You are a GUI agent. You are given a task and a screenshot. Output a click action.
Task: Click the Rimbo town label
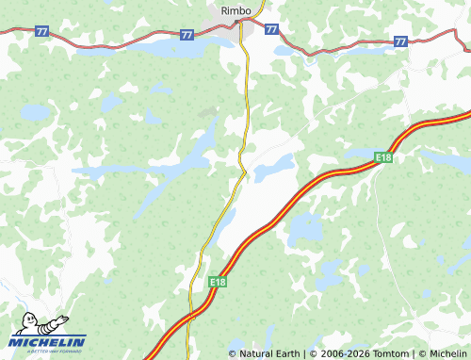235,10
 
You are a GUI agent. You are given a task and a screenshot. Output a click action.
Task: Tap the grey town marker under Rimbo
235,22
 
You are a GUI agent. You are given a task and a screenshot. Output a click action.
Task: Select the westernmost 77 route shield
41,31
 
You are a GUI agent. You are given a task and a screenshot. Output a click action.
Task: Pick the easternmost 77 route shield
401,41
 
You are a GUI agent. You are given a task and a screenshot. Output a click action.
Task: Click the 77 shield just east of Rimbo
271,30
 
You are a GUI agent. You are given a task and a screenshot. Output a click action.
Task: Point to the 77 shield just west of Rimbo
187,35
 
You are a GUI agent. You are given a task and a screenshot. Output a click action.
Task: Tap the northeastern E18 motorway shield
382,157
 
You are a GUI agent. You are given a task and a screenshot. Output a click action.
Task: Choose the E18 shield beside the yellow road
218,282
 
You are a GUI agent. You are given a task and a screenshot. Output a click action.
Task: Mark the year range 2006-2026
341,353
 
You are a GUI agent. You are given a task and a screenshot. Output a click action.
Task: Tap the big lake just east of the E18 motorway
304,228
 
